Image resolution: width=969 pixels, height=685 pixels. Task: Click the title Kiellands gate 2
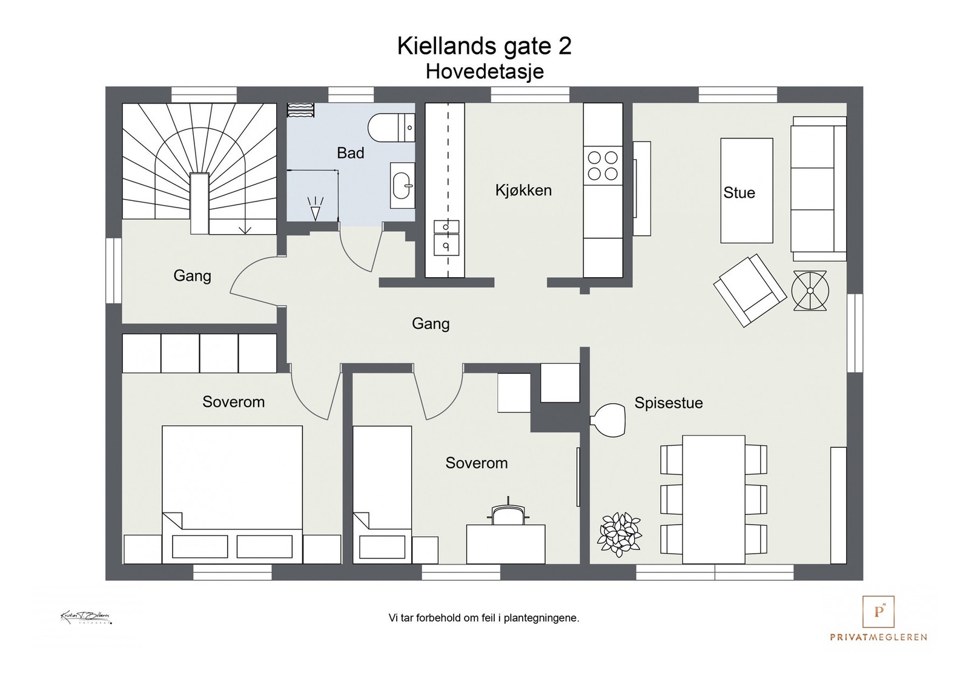484,46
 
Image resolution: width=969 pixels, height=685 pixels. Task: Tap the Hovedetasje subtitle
484,71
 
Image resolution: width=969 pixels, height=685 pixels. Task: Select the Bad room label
350,153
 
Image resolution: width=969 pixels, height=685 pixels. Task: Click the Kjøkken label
523,191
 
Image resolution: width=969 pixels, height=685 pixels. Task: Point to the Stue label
739,193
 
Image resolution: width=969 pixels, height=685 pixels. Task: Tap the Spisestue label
668,403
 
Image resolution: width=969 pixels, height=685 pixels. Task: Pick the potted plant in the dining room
619,534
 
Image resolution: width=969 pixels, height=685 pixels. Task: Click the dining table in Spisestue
713,499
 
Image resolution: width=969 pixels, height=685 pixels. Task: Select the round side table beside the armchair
810,290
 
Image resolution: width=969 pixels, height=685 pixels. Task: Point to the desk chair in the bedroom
508,513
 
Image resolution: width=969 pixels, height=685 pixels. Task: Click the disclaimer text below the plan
484,618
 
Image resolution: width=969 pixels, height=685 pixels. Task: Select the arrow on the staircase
245,228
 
